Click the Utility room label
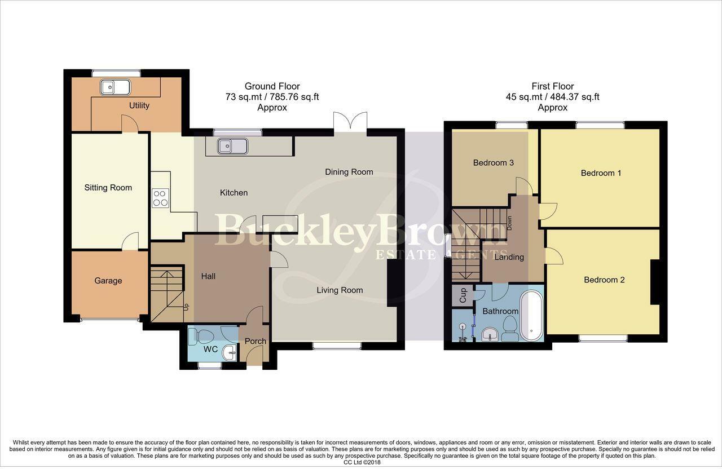tap(139, 105)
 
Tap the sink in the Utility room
tap(115, 87)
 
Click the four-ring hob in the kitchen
tap(160, 197)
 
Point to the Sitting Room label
tap(108, 188)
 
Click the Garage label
tap(108, 281)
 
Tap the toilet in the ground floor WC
tap(200, 337)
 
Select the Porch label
tap(255, 341)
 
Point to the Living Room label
tap(339, 290)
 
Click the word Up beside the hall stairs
tap(186, 307)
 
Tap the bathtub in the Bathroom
tap(531, 316)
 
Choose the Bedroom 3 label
tap(493, 163)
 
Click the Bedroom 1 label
tap(601, 173)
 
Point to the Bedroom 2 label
tap(604, 280)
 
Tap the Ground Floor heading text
tap(272, 86)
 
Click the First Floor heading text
tap(552, 86)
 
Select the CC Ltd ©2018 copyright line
tap(360, 462)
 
